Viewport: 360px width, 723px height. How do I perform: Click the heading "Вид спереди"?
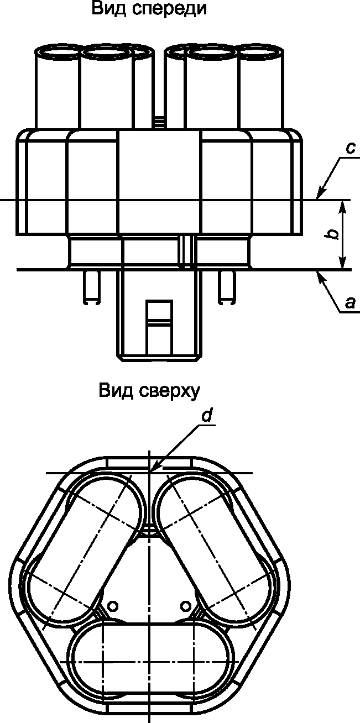(x=149, y=9)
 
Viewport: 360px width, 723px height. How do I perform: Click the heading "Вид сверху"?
(x=149, y=391)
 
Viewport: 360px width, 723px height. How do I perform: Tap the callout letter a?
(x=350, y=303)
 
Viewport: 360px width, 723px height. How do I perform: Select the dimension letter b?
(x=332, y=235)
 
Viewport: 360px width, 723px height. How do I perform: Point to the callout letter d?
(x=206, y=416)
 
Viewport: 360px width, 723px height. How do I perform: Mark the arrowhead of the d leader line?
(x=153, y=469)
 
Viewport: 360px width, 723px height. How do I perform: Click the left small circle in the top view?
(x=113, y=606)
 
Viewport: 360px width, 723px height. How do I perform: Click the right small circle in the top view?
(x=185, y=606)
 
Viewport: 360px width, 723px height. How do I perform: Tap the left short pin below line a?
(x=92, y=287)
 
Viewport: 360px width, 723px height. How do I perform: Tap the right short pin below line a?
(x=227, y=287)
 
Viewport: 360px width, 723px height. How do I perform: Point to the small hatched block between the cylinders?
(x=159, y=122)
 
